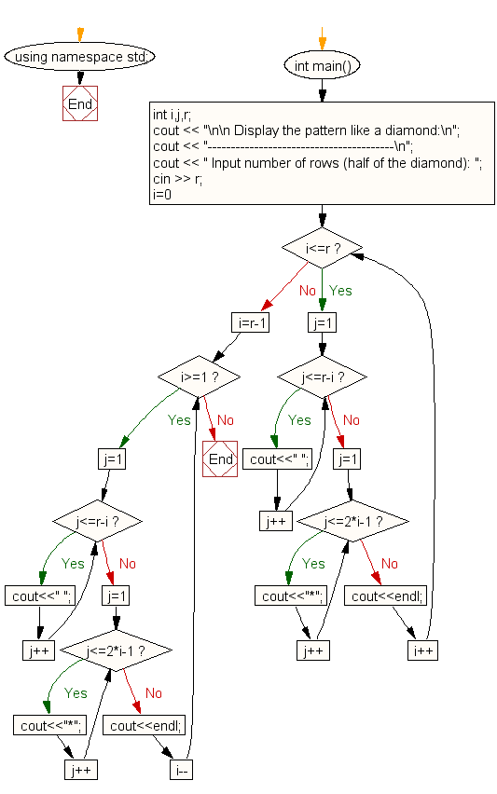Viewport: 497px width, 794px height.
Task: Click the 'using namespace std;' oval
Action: click(x=79, y=57)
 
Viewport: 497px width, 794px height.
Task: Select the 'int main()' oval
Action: click(x=323, y=65)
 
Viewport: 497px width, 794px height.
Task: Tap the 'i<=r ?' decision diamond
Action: click(x=322, y=249)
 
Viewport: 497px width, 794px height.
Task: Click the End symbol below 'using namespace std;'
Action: click(x=80, y=104)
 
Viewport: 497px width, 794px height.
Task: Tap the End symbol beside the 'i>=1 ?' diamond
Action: click(x=221, y=459)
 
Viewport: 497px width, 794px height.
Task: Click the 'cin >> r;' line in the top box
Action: click(x=177, y=179)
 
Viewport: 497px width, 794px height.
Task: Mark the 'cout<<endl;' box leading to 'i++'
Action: click(x=386, y=596)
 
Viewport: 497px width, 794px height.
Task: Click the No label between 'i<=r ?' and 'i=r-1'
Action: click(x=308, y=291)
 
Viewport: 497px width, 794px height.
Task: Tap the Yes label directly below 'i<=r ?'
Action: click(x=341, y=291)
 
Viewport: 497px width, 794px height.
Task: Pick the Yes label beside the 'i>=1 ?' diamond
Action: click(x=179, y=419)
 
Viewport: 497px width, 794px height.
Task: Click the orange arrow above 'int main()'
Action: click(x=322, y=41)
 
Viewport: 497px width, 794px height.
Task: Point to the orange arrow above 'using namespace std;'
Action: click(x=80, y=34)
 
